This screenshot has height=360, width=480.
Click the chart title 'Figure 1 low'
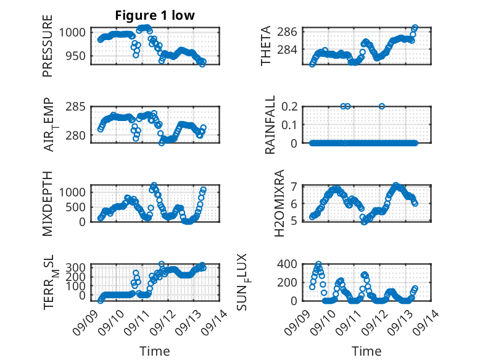(x=155, y=15)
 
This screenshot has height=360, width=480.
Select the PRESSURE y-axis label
(x=48, y=46)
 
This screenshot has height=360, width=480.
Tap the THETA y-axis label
(x=266, y=46)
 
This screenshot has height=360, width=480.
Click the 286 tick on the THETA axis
(x=287, y=31)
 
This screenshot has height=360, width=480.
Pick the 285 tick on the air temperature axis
(x=76, y=107)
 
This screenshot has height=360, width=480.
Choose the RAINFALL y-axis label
(x=270, y=125)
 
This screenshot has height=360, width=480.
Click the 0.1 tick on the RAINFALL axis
(x=289, y=125)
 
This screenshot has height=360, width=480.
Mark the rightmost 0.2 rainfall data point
(x=382, y=106)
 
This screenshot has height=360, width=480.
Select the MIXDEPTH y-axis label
(x=48, y=204)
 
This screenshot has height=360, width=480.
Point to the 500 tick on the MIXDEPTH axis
(x=78, y=207)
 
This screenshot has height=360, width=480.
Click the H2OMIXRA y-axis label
(x=279, y=203)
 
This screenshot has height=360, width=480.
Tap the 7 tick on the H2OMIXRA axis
(x=294, y=186)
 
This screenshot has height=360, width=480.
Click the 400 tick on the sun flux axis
(x=287, y=264)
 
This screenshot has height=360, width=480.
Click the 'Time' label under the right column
(x=366, y=351)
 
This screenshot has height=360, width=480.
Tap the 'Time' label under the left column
(x=155, y=351)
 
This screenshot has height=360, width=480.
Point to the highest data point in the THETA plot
(x=415, y=27)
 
